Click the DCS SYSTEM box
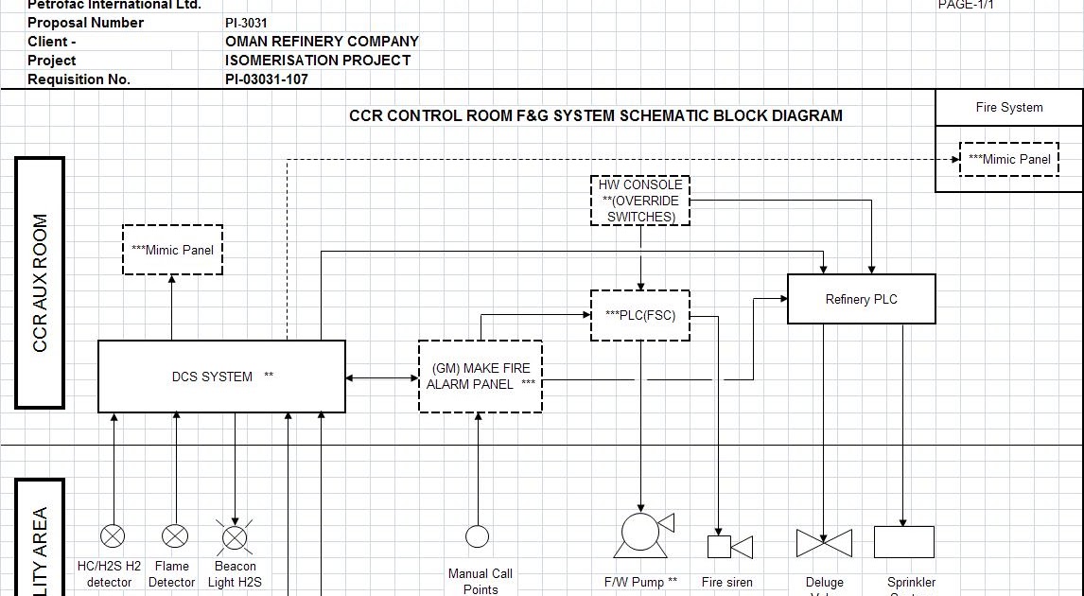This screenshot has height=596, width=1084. (221, 377)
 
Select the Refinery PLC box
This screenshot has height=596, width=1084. (861, 299)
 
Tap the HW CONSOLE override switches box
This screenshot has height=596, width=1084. (640, 201)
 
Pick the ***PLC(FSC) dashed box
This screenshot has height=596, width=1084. (640, 315)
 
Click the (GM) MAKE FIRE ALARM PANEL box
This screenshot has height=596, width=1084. (481, 377)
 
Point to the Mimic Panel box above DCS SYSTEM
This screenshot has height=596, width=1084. (172, 250)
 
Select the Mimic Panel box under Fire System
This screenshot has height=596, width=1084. (1009, 159)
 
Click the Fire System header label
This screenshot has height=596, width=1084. (1008, 107)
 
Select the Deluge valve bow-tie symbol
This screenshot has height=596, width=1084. (824, 543)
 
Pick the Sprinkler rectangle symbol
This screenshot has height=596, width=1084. (903, 542)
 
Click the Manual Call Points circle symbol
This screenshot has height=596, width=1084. (478, 536)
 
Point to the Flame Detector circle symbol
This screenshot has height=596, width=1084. (175, 536)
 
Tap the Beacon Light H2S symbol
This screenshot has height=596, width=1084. (235, 538)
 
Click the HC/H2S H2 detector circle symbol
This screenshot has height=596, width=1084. (113, 536)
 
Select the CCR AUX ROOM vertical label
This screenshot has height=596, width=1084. (40, 283)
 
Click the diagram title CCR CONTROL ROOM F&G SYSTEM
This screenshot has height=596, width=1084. (595, 115)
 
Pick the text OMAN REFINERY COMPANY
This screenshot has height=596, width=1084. (322, 42)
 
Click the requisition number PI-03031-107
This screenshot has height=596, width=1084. (266, 79)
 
